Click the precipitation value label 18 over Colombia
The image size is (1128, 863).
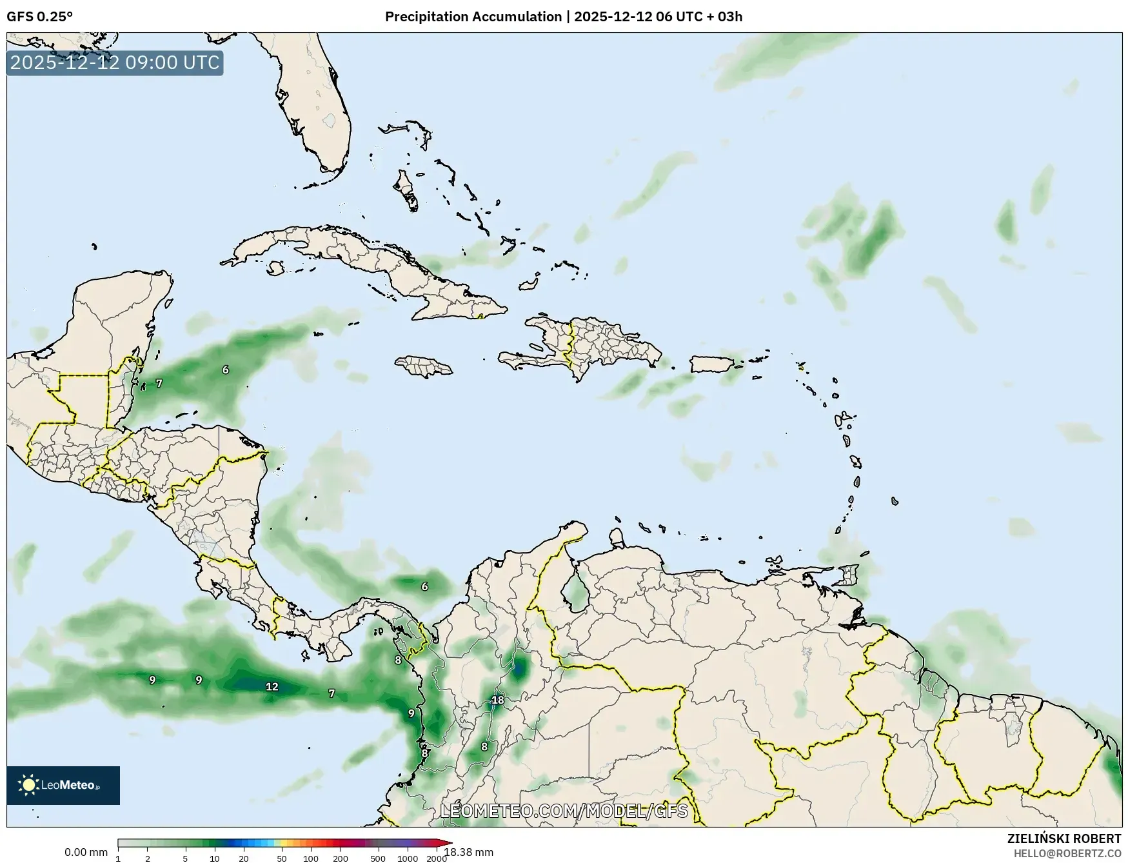(498, 700)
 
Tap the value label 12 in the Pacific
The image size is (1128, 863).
(272, 686)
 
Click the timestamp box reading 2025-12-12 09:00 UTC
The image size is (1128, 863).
(115, 63)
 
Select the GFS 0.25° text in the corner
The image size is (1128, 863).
(39, 17)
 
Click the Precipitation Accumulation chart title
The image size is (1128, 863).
(563, 17)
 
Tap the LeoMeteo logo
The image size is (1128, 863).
(63, 785)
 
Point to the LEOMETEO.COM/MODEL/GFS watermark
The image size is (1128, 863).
(564, 811)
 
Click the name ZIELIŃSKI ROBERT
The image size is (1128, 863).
(1064, 838)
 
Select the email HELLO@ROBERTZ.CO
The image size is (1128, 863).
(1067, 853)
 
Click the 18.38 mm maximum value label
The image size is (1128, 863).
(469, 853)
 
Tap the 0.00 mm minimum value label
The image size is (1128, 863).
(86, 853)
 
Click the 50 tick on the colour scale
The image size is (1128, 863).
(282, 858)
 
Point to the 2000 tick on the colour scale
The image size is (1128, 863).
(437, 858)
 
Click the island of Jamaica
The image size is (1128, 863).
(424, 367)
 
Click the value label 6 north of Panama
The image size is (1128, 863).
(424, 586)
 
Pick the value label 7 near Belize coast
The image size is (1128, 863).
(159, 383)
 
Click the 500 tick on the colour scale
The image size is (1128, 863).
(378, 858)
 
